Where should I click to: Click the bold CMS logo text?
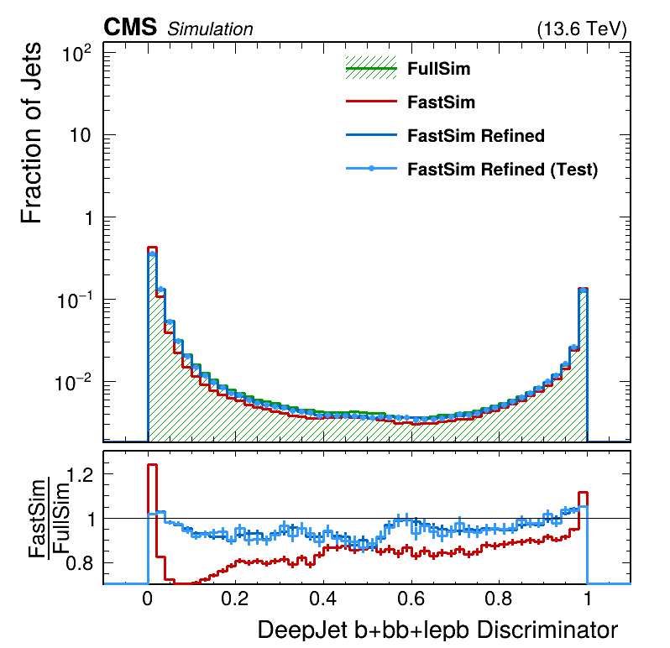pos(130,28)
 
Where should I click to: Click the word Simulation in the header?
pos(210,29)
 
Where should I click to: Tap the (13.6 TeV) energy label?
pos(581,29)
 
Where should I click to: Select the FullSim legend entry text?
pos(438,69)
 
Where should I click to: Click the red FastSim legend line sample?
pos(370,102)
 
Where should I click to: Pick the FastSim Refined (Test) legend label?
pos(502,169)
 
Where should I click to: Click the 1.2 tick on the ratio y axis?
pos(79,475)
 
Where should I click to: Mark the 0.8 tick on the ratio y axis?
pos(79,562)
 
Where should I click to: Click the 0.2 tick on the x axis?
pos(236,601)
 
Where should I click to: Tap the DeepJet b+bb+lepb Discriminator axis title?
pos(437,630)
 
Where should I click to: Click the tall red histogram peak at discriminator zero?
pos(153,248)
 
